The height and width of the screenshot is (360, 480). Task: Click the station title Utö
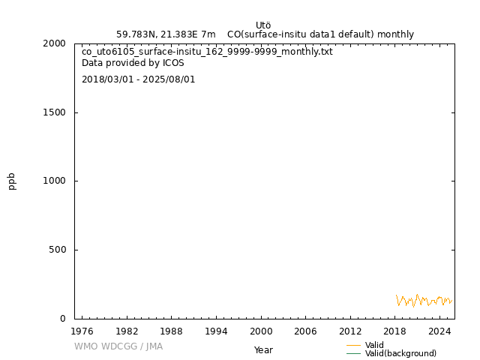click(263, 25)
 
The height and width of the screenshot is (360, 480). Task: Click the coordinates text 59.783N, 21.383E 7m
click(166, 34)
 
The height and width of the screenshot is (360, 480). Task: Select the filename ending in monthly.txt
click(207, 52)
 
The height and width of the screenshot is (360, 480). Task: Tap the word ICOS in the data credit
click(173, 63)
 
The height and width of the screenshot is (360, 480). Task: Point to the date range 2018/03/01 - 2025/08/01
click(138, 79)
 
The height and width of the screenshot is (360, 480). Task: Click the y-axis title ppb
click(12, 181)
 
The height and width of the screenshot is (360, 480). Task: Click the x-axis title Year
click(263, 350)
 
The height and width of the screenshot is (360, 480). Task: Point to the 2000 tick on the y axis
click(54, 43)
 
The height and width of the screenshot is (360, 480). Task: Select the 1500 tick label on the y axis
click(54, 112)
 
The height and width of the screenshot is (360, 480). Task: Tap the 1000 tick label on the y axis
click(54, 181)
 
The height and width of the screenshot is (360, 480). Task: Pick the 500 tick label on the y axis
click(57, 250)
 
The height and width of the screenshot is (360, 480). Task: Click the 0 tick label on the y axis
click(63, 319)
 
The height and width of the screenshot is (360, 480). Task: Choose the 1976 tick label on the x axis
click(82, 331)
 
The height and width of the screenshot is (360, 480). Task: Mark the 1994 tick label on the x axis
click(216, 331)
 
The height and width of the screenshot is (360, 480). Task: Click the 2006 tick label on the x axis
click(305, 331)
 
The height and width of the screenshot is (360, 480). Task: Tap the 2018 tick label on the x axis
click(394, 331)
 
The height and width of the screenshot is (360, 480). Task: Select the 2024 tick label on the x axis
click(439, 331)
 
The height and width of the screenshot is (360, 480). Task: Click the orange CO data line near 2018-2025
click(417, 298)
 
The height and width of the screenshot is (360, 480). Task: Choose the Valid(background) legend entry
click(400, 353)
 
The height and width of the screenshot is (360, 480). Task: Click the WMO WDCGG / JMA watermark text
click(118, 346)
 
